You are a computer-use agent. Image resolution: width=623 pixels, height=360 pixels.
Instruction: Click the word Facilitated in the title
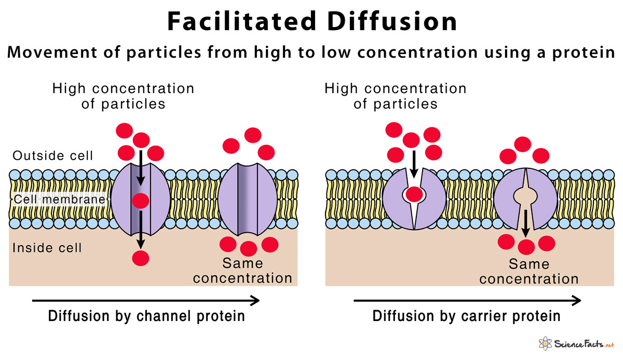click(242, 21)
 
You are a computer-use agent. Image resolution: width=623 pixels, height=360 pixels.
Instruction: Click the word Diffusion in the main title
click(392, 21)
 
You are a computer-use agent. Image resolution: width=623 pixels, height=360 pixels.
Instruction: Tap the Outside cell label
click(52, 155)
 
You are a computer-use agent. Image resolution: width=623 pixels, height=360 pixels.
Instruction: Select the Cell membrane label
click(60, 199)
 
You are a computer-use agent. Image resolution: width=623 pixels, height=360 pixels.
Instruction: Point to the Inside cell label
click(47, 248)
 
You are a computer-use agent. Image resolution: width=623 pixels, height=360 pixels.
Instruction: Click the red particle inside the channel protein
click(141, 201)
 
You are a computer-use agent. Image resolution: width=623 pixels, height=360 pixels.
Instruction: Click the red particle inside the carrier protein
click(414, 194)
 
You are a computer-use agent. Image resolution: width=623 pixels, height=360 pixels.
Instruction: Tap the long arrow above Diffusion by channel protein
click(146, 300)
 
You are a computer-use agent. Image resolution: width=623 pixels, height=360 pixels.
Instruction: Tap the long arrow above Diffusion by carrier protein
click(467, 300)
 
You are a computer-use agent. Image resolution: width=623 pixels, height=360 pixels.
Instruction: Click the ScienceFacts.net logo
click(576, 344)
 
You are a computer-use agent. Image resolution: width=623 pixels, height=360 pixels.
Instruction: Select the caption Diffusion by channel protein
click(146, 316)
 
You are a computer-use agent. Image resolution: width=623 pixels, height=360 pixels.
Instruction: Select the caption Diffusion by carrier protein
click(466, 316)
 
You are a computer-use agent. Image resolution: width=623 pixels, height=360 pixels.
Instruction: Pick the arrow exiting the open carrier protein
click(525, 223)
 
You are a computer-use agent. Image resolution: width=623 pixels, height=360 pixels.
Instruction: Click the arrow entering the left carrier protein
click(414, 164)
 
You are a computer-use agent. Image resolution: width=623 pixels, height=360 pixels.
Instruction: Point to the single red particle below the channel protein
click(141, 258)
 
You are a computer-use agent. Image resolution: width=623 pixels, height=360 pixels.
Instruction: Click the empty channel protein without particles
click(247, 199)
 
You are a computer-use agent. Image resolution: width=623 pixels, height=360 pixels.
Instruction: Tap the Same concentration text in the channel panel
click(242, 271)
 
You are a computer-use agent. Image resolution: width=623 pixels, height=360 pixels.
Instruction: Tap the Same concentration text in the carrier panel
click(529, 272)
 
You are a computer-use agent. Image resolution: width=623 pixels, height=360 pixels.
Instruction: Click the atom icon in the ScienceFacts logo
click(545, 343)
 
